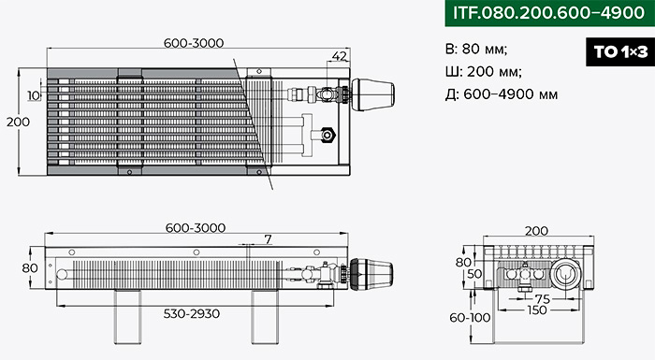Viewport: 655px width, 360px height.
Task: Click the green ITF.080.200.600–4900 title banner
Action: [x=550, y=13]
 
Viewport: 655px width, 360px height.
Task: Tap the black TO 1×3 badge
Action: [x=620, y=51]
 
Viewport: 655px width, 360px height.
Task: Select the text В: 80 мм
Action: [x=476, y=49]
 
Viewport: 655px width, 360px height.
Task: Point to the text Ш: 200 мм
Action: [x=484, y=71]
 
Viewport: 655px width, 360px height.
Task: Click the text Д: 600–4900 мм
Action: [x=502, y=94]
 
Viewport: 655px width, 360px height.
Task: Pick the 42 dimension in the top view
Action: [x=339, y=55]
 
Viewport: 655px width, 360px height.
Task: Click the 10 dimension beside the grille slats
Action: [x=34, y=95]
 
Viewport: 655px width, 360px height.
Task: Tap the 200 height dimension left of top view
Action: [x=18, y=122]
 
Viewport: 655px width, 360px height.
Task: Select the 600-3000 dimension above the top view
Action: [x=194, y=43]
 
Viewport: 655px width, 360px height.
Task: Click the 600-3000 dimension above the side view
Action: [x=196, y=228]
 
